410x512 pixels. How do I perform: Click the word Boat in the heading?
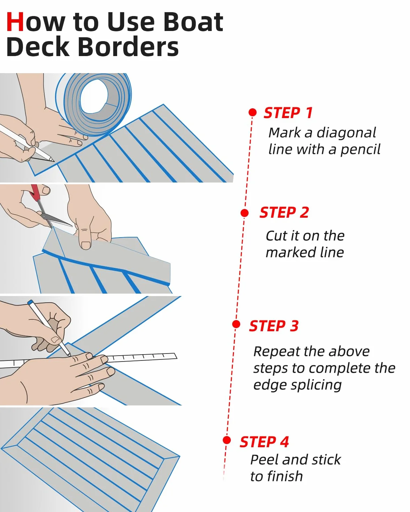[193, 22]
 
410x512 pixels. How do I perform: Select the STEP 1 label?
[288, 113]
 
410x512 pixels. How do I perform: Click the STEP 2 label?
[284, 212]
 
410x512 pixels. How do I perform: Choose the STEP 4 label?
[264, 442]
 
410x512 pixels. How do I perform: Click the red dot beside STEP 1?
[252, 112]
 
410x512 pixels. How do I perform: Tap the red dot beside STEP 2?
[245, 213]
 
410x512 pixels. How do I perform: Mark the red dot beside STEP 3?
[236, 324]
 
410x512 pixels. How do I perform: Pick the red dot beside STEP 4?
[227, 440]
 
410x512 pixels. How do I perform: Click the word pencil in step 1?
[360, 150]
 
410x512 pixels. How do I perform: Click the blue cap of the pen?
[30, 302]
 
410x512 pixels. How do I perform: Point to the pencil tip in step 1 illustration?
[53, 161]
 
